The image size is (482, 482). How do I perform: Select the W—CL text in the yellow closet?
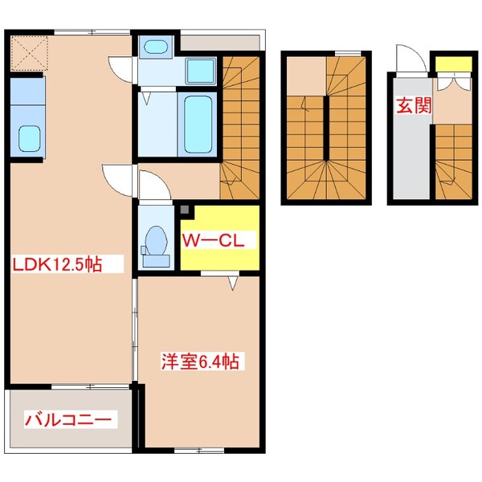click(x=217, y=239)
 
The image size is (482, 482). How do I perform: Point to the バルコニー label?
click(x=70, y=419)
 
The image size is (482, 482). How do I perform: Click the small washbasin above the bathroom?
click(x=153, y=47)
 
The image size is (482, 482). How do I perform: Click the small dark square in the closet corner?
click(x=185, y=211)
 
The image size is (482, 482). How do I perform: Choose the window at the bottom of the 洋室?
click(x=198, y=448)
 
